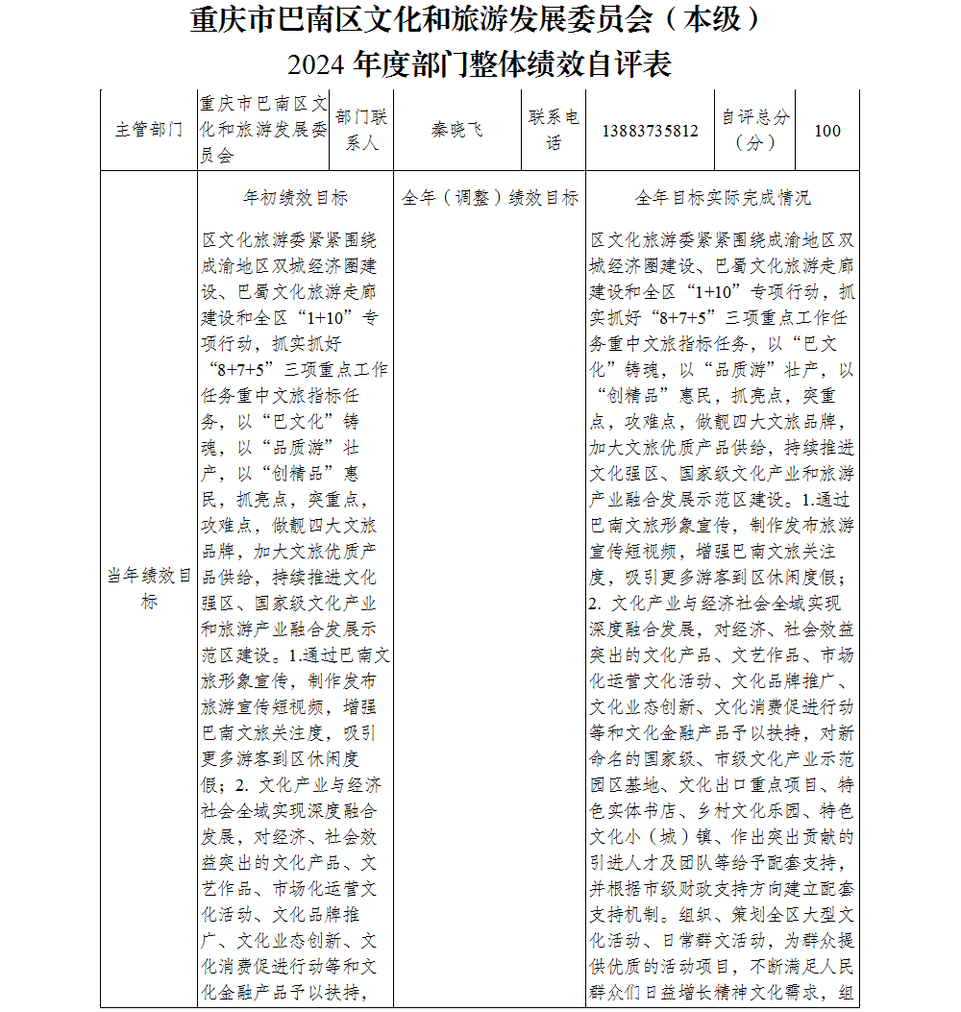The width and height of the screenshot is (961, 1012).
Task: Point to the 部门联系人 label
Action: point(362,131)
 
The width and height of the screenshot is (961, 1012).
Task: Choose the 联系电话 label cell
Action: point(554,131)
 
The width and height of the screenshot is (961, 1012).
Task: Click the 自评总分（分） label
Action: point(755,131)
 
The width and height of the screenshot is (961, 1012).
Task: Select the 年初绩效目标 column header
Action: point(295,198)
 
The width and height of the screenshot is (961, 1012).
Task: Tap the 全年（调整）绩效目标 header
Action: point(490,198)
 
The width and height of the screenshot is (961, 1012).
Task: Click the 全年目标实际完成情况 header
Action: point(723,198)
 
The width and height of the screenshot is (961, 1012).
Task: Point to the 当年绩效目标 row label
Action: point(149,589)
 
